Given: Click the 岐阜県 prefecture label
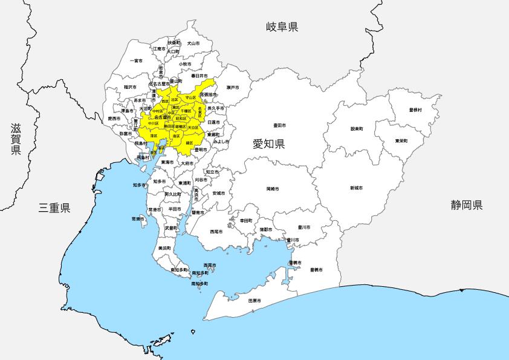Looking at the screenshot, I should pos(282,27).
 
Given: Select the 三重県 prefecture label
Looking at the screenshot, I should pos(54,207).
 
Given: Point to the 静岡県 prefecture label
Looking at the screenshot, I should pos(466,205).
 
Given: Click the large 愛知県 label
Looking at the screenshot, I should pos(268,143).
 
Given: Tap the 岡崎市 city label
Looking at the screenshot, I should pos(272,189).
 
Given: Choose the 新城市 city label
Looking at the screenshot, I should pos(355,188).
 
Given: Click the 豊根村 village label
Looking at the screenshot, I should pos(415,110).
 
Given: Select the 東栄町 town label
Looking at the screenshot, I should pos(401,141).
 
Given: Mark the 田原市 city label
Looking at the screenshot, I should pos(254,300).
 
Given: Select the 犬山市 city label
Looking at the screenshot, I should pos(192,43).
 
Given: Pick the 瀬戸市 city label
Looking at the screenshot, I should pos(233,88).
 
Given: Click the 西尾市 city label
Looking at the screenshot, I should pos(216,231).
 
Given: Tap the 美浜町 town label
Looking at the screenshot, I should pos(163,248).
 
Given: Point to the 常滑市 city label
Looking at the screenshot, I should pos(137,218).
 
